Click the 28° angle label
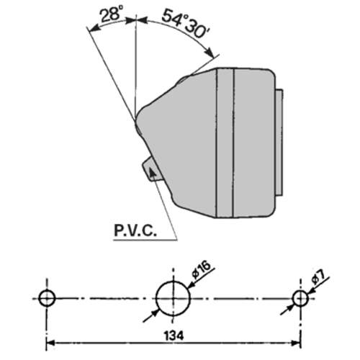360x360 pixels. tap(112, 14)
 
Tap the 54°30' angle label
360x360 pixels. tap(186, 24)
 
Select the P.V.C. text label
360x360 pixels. tap(135, 230)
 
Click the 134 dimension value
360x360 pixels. tap(174, 336)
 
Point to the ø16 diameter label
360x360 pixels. tap(201, 269)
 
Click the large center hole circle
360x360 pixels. tap(173, 298)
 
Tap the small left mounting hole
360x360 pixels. tap(47, 298)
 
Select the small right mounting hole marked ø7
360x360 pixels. tap(300, 298)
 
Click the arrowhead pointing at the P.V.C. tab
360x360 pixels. tap(152, 171)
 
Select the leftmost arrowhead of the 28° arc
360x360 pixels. tap(94, 28)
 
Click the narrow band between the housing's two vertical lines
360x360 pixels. tap(225, 143)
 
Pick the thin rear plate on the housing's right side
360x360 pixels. tap(279, 143)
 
